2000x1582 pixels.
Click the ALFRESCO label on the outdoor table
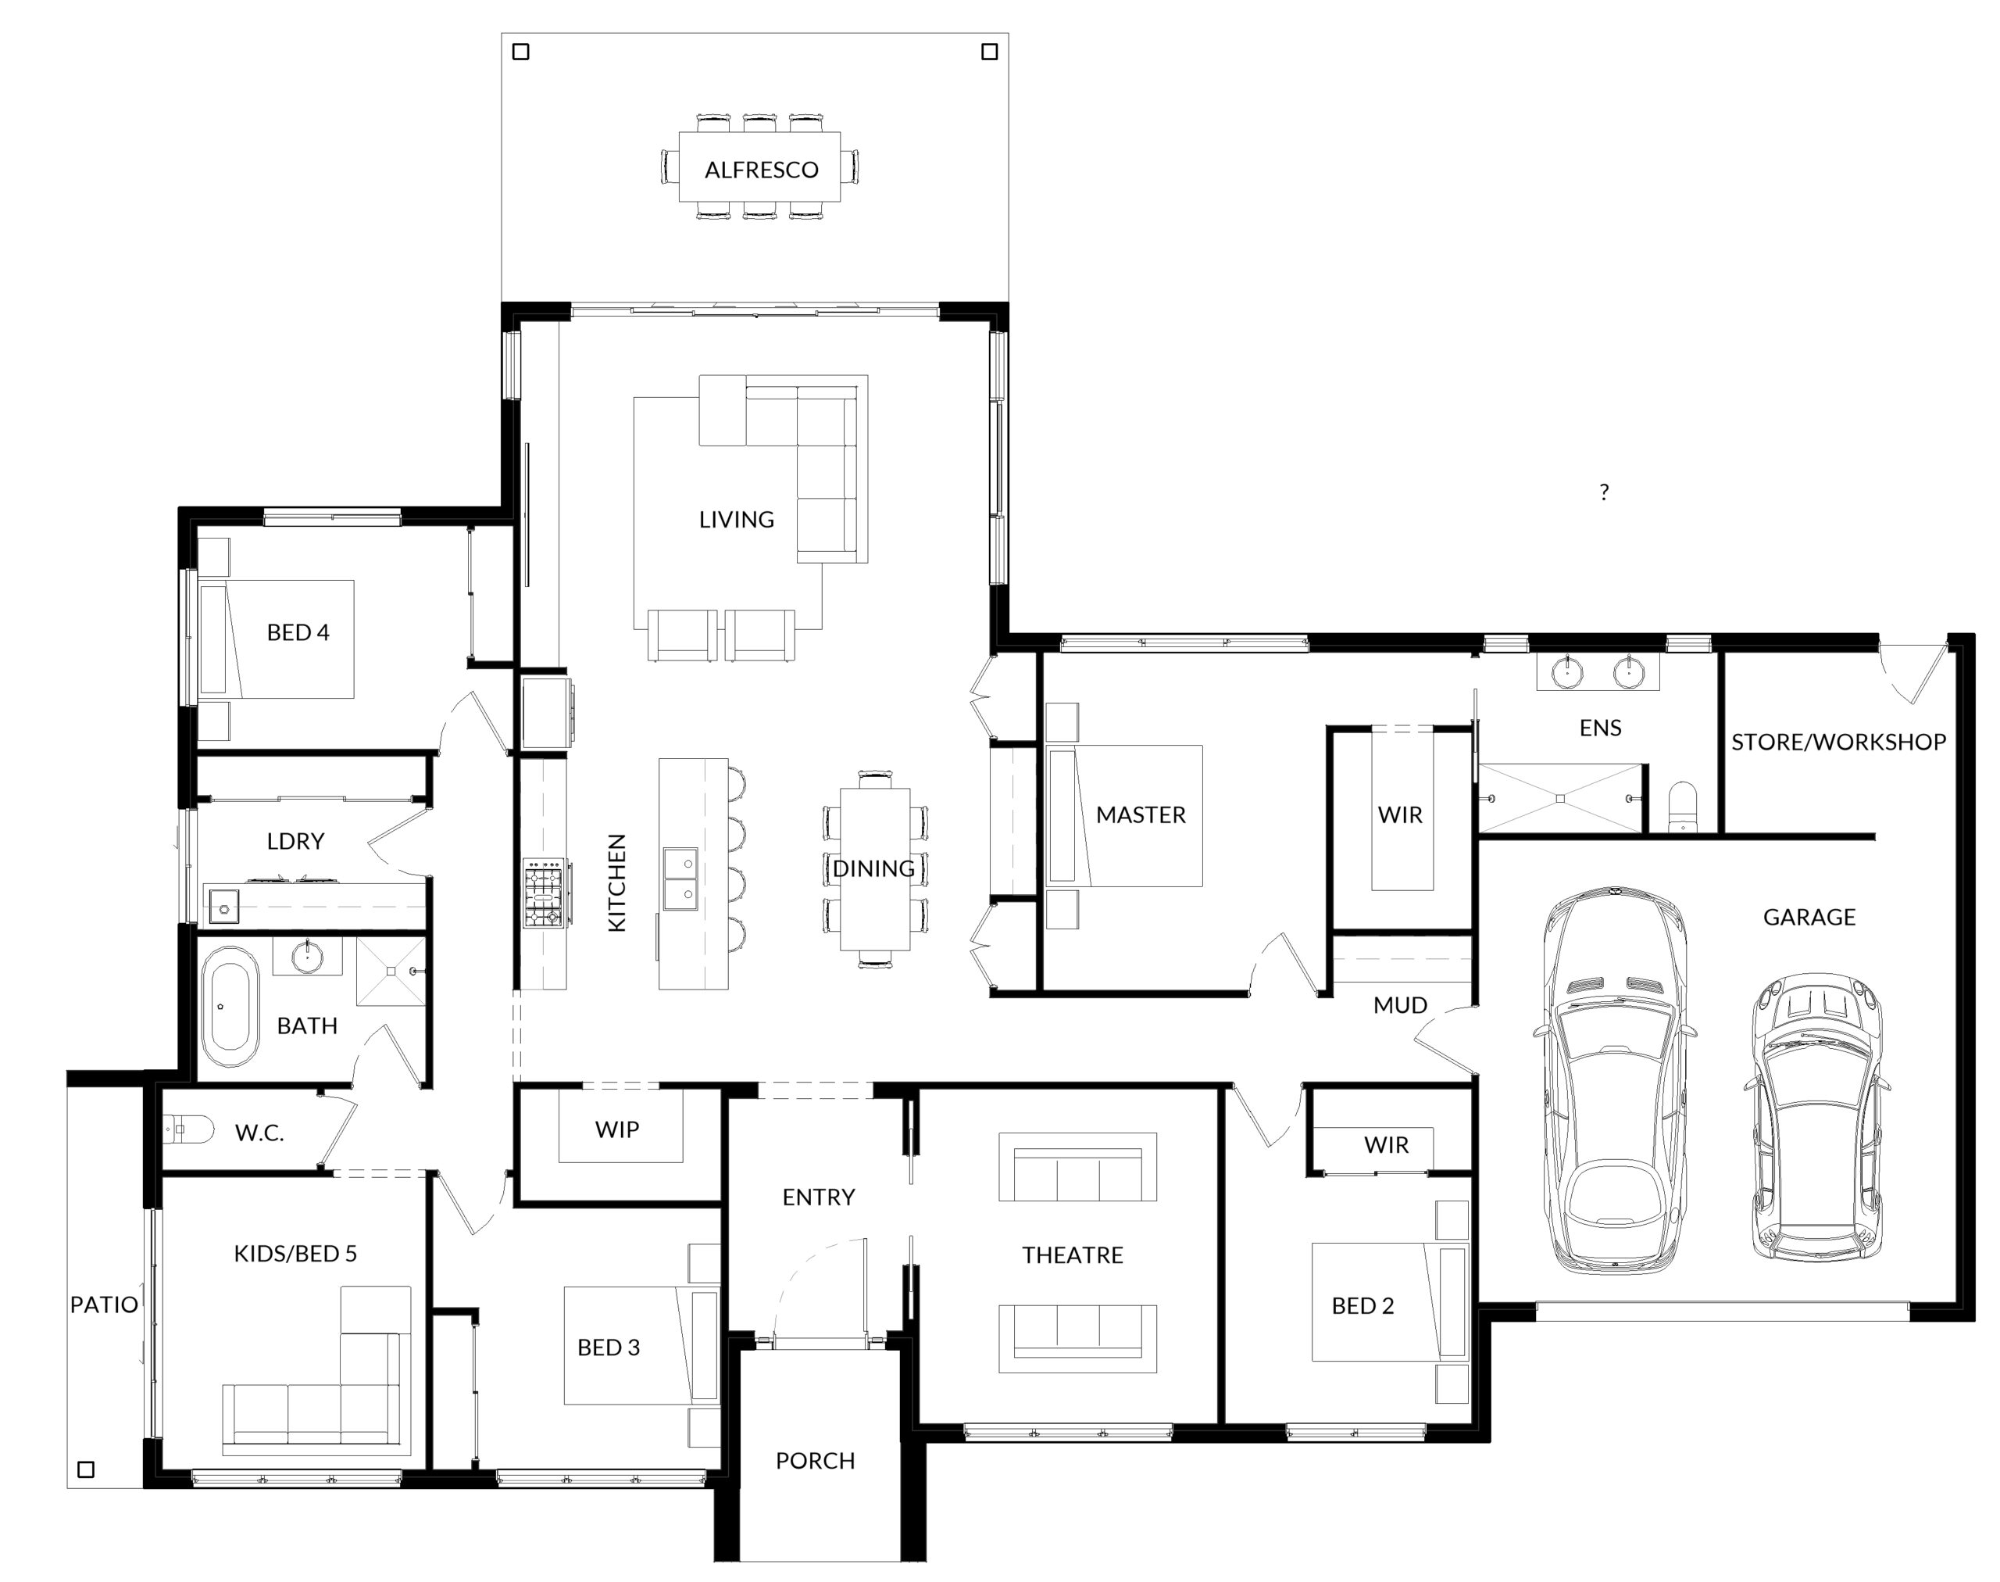(x=761, y=170)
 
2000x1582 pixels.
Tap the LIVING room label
(x=736, y=520)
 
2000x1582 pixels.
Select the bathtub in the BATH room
(x=230, y=1007)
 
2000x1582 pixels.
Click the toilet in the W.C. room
(x=189, y=1129)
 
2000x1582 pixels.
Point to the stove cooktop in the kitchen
(x=544, y=893)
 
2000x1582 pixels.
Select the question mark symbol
(x=1604, y=492)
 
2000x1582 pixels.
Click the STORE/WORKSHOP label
(x=1838, y=742)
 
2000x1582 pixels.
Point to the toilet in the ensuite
(x=1682, y=807)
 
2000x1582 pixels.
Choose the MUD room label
(x=1400, y=1005)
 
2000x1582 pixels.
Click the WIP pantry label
(x=616, y=1129)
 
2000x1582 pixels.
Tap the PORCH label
(x=815, y=1461)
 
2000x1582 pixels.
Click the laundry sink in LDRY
(x=224, y=907)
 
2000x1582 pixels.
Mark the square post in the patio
(x=86, y=1469)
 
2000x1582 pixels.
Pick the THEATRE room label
(x=1072, y=1255)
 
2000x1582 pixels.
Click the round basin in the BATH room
(x=307, y=955)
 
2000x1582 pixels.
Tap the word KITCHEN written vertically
(x=616, y=882)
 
